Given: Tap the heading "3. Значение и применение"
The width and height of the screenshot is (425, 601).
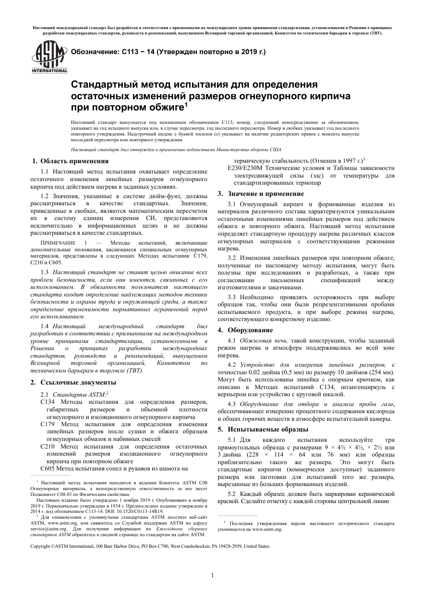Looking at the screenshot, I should click(x=260, y=194).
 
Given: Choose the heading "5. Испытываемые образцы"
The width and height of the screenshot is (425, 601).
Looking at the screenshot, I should click(x=263, y=430).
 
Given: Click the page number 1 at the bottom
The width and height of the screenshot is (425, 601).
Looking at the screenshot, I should click(x=212, y=576).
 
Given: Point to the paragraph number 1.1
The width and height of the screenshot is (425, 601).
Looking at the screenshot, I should click(x=45, y=172).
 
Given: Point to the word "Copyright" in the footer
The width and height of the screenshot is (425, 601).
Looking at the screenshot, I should click(x=40, y=546).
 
